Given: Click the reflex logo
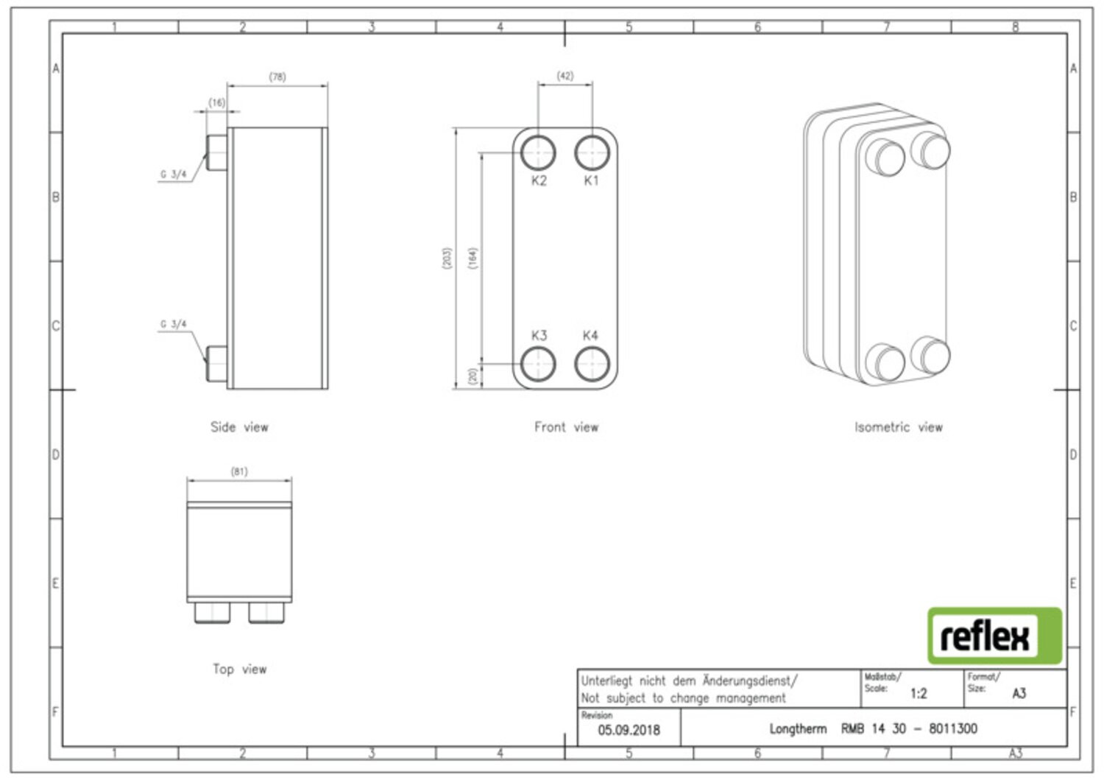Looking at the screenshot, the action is coord(994,636).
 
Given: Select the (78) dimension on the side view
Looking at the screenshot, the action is coord(277,77).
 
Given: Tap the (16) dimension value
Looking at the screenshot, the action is coord(217,102).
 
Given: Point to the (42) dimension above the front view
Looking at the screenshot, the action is coord(565,76).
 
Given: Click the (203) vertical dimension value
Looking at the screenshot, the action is coord(447,258).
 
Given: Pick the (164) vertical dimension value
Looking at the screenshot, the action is coord(473,258).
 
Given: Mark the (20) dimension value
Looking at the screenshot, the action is coord(473,376).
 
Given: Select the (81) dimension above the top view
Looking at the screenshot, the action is coord(239,471).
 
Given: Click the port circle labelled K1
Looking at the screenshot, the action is coord(592,152).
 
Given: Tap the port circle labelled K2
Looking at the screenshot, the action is coord(538,152).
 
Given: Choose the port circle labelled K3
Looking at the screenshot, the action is coord(538,364).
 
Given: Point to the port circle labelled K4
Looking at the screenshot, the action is coord(592,364).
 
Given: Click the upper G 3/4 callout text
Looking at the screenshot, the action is coord(174,174).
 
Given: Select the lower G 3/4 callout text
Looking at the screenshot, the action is coord(174,324).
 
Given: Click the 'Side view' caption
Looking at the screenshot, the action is coord(239,426).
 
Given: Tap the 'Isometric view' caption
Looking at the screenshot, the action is coord(899,426).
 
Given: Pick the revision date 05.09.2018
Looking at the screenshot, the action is coord(629,730).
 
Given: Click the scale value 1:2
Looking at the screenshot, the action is coord(919,694).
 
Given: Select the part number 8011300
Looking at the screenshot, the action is coord(953,728).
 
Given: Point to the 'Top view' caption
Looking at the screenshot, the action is coord(239,669).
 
